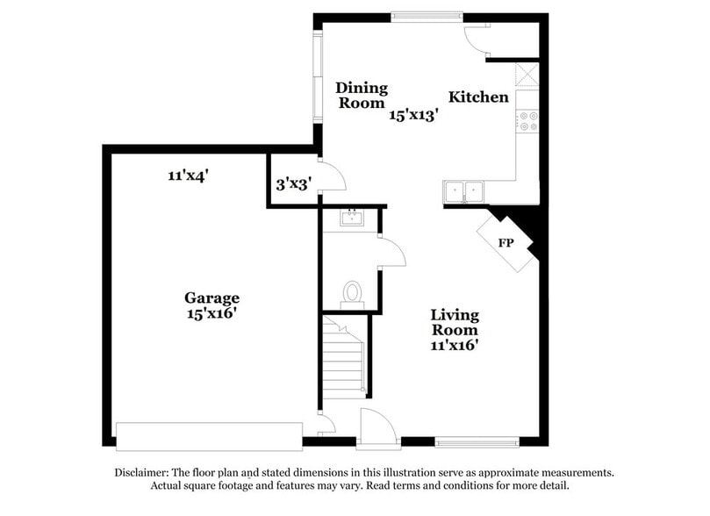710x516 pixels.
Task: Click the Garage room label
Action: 212,297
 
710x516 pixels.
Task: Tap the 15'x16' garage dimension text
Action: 212,312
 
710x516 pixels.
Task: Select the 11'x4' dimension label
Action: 188,176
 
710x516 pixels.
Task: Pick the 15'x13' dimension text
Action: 414,113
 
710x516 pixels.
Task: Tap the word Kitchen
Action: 478,97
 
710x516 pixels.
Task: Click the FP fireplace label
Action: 506,242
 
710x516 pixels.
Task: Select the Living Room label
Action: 454,322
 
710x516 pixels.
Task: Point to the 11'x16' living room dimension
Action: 454,346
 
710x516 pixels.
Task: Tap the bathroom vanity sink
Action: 351,218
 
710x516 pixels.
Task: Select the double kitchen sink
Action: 465,190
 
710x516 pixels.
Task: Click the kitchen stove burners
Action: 528,121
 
